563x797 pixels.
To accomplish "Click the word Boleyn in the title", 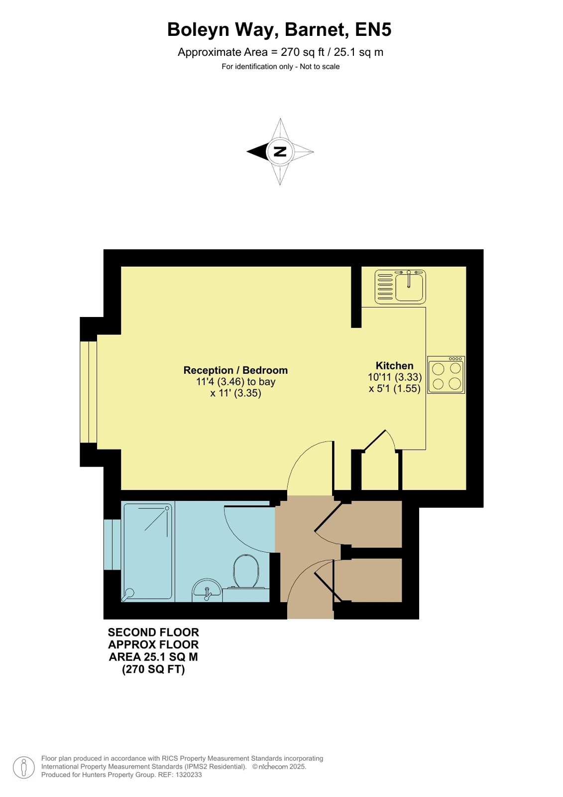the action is (x=198, y=29).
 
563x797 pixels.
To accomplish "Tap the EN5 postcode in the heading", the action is (x=373, y=29).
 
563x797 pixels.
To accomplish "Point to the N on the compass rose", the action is (x=280, y=152).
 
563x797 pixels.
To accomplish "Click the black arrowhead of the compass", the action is (x=257, y=152).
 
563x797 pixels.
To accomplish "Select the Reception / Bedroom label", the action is (x=235, y=370).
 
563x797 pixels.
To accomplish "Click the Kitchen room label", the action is (x=395, y=366).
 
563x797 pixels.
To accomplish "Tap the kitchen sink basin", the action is (x=410, y=287).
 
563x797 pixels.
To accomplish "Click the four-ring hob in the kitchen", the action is (x=446, y=375).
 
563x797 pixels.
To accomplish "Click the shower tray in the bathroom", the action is (x=148, y=552).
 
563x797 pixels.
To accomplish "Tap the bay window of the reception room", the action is (x=89, y=392).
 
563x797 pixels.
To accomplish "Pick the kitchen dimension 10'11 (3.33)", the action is (x=395, y=377).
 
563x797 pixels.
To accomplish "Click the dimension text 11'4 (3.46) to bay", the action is (x=235, y=382).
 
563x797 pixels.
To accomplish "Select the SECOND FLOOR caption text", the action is (x=153, y=632).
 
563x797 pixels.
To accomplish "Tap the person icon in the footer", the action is (x=24, y=768).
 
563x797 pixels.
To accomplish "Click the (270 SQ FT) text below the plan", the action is (x=153, y=669).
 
